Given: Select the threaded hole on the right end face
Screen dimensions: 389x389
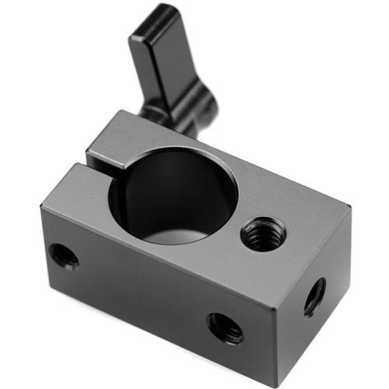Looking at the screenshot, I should [x=314, y=296].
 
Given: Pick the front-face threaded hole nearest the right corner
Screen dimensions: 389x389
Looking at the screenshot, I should [x=225, y=327].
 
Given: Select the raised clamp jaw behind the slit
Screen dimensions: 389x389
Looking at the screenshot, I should [x=117, y=140].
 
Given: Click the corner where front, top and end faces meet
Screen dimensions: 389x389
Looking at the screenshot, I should [x=277, y=287].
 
